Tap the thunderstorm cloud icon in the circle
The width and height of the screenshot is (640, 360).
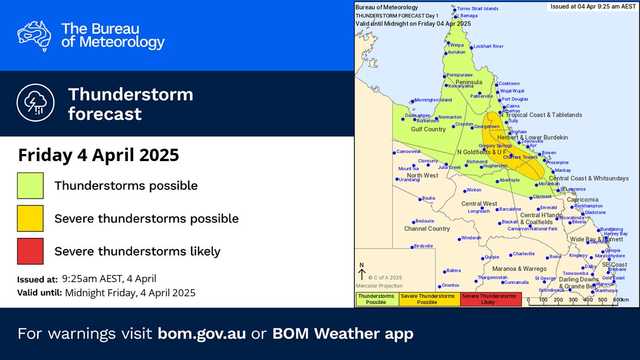click(36, 103)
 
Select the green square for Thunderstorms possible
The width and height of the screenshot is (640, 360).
click(30, 185)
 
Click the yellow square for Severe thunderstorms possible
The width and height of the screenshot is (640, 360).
click(30, 218)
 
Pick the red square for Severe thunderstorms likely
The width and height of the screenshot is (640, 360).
click(30, 251)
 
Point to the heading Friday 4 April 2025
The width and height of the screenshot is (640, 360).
click(98, 156)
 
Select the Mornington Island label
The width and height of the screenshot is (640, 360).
click(433, 100)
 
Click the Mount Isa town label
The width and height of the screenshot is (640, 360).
click(408, 169)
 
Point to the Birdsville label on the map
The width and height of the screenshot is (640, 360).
click(424, 246)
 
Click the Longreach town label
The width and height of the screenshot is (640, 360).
click(479, 211)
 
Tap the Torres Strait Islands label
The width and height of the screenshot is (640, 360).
click(478, 9)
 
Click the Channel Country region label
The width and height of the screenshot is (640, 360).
click(426, 228)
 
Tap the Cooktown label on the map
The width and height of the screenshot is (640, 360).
click(509, 84)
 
